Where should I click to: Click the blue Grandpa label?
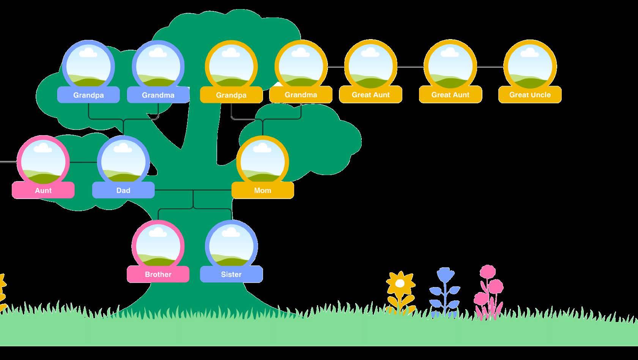coord(88,95)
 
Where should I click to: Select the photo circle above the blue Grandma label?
coord(158,66)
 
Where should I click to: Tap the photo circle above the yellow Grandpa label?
coord(231,66)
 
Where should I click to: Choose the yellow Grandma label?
coord(301,95)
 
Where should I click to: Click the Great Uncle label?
coord(530,95)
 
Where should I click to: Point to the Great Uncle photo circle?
coord(530,66)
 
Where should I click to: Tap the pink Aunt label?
coord(43,190)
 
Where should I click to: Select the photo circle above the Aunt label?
coord(43,161)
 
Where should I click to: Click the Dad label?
coord(123,190)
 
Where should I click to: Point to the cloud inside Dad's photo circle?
coord(123,148)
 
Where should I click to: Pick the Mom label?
coord(263,190)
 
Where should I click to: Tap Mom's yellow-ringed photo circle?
coord(263,161)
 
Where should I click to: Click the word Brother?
coord(158,274)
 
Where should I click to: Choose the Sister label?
coord(231,274)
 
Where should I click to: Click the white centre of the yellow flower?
coord(400,283)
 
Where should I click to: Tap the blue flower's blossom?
coord(446,275)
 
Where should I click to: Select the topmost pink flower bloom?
coord(488,272)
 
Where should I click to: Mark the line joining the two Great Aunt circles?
coord(410,67)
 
